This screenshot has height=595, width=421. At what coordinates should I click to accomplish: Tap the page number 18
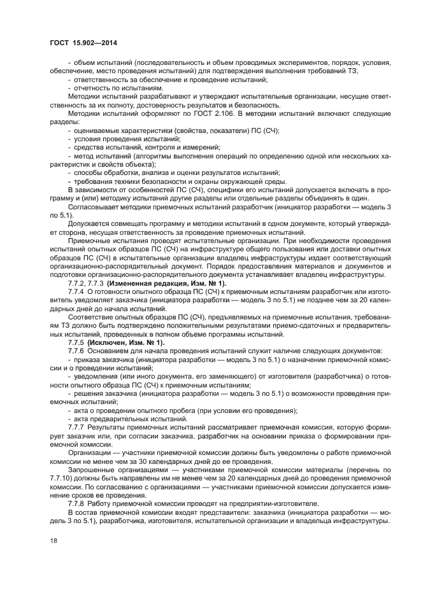[x=54, y=540]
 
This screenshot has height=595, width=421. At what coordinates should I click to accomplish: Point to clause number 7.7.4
[x=76, y=291]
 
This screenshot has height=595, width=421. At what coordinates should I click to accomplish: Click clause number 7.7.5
[x=76, y=342]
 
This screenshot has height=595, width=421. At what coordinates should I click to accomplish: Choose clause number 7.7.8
[x=76, y=501]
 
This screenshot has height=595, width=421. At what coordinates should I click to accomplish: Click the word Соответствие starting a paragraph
[x=93, y=316]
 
